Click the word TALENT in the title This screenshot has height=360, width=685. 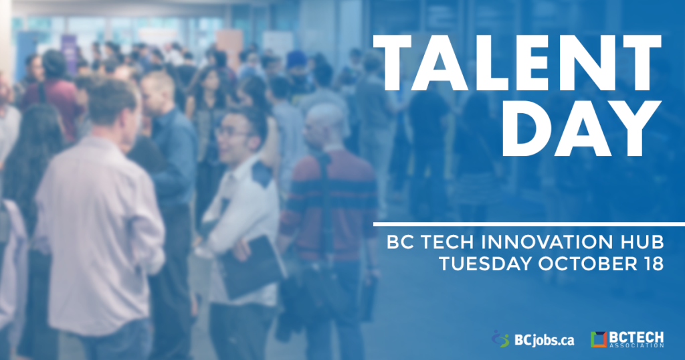tap(517, 62)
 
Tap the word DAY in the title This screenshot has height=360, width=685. tap(581, 128)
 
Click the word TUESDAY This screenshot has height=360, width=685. tap(486, 264)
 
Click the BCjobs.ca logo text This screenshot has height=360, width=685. tap(544, 340)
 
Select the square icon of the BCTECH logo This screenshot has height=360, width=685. tap(599, 339)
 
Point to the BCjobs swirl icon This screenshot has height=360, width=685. tap(500, 339)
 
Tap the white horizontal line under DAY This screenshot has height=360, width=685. tap(529, 224)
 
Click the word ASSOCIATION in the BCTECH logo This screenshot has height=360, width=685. tap(636, 345)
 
